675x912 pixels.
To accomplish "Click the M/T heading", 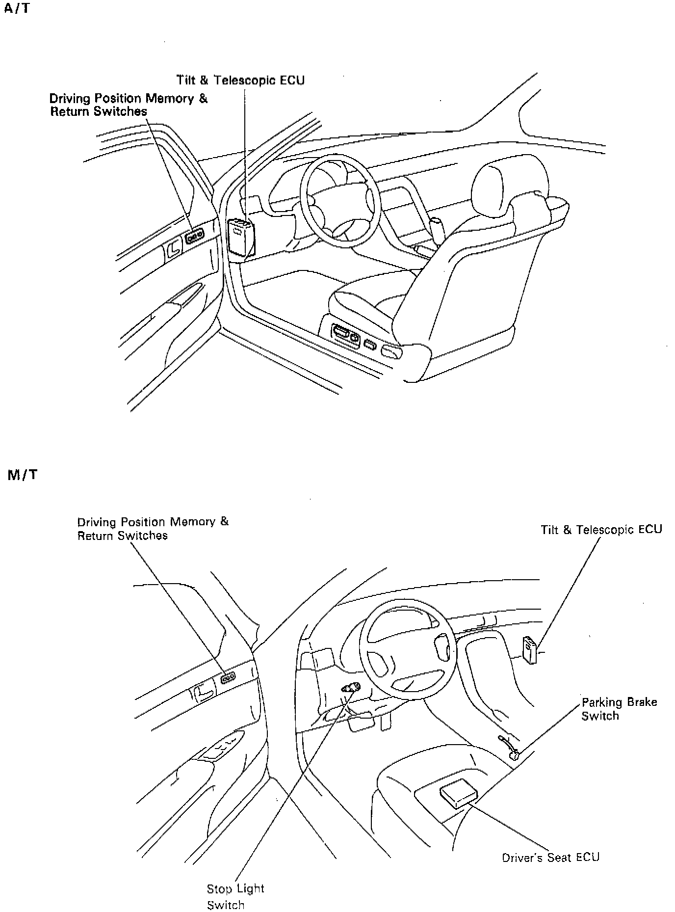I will [x=23, y=475].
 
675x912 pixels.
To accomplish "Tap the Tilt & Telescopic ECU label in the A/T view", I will [x=240, y=80].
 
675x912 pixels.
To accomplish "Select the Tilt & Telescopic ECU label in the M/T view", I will [x=601, y=530].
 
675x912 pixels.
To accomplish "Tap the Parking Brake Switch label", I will [x=619, y=708].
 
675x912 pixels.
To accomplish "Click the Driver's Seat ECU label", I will [x=550, y=857].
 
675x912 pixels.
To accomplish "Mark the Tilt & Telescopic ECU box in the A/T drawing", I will [x=241, y=238].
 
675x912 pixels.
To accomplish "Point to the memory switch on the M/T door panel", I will [x=228, y=678].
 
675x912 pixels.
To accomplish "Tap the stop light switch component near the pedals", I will [x=351, y=688].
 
